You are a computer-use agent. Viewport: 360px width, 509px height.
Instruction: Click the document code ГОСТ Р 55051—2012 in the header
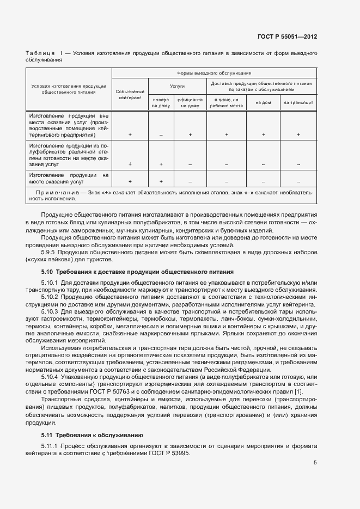click(287, 37)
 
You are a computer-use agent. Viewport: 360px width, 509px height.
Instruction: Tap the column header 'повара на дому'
click(161, 103)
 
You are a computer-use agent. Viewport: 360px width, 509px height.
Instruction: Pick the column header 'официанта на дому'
click(190, 103)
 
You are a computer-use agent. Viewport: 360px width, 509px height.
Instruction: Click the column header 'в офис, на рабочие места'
click(226, 103)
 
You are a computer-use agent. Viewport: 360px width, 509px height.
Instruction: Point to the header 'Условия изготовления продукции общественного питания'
click(68, 89)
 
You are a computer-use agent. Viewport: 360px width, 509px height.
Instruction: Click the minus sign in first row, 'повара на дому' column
click(161, 134)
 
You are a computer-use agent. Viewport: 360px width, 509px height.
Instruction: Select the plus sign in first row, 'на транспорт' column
click(298, 134)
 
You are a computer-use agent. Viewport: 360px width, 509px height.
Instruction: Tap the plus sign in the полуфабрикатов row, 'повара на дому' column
click(161, 164)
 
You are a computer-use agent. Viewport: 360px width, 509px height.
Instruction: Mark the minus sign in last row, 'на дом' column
click(263, 182)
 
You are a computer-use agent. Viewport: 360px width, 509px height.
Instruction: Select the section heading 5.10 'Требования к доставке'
click(138, 271)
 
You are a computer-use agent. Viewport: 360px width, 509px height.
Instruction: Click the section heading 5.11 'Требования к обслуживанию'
click(92, 434)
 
